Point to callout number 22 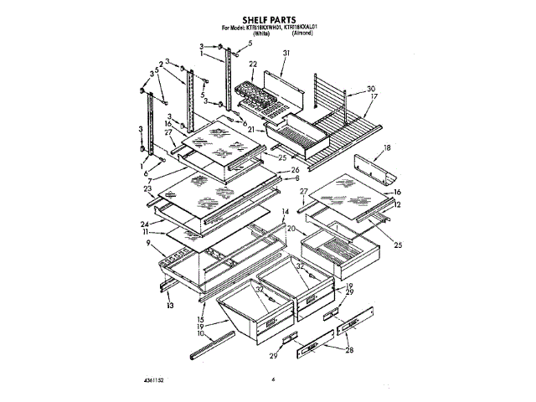(251, 64)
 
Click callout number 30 (371, 89)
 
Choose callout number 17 (374, 97)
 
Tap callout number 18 (386, 147)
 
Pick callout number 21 (250, 128)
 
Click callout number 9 (148, 245)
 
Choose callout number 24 (146, 224)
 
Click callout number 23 (147, 190)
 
